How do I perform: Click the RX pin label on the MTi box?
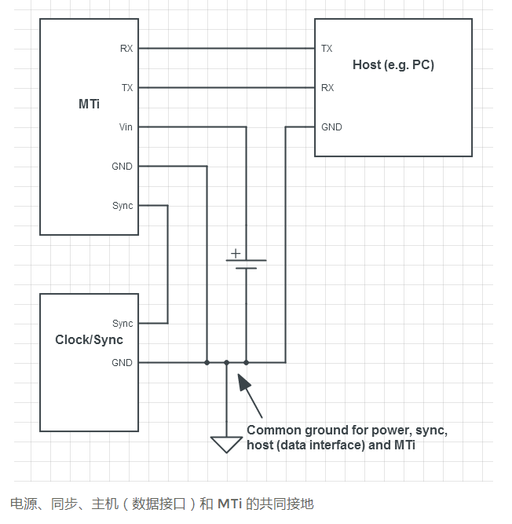[x=126, y=49]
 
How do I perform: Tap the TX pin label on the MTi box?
[x=127, y=88]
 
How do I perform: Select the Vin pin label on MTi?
[x=126, y=127]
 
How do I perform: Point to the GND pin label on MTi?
[x=123, y=167]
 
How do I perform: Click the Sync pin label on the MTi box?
[x=123, y=206]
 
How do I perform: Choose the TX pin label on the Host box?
[x=327, y=49]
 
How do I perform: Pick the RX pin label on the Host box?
[x=327, y=88]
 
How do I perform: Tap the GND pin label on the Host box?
[x=331, y=127]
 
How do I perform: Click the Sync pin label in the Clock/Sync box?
[x=123, y=324]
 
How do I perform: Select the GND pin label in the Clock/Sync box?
[x=123, y=363]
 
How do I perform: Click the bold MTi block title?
[x=89, y=104]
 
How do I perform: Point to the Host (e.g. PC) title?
[x=393, y=65]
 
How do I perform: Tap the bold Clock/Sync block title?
[x=89, y=340]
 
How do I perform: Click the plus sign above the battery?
[x=234, y=253]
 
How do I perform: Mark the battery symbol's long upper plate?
[x=246, y=260]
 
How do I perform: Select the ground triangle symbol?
[x=226, y=445]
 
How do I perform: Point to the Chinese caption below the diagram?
[x=162, y=504]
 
